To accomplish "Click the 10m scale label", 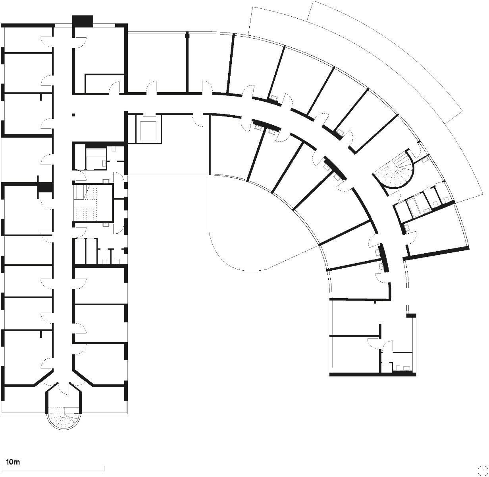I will [13, 462].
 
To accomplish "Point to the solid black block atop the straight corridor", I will [82, 21].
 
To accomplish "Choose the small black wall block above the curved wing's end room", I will [411, 315].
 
